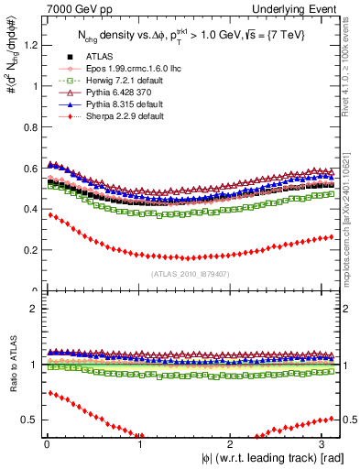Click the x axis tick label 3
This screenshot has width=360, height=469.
pyautogui.click(x=325, y=445)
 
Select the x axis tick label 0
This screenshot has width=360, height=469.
pyautogui.click(x=46, y=445)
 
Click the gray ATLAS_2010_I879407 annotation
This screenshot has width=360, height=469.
pyautogui.click(x=191, y=272)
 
